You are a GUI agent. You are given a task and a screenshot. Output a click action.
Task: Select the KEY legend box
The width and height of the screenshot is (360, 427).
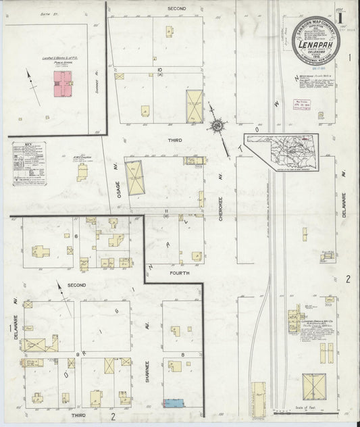(x=29, y=163)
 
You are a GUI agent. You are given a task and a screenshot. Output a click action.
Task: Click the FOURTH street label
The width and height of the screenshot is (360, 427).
(x=179, y=272)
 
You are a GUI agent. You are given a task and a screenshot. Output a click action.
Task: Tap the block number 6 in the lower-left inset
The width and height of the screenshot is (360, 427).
(x=77, y=235)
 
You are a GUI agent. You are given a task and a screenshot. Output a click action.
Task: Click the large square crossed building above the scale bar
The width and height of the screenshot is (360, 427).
(x=314, y=387)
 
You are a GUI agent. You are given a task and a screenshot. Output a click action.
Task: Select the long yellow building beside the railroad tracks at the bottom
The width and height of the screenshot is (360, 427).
(x=257, y=398)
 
